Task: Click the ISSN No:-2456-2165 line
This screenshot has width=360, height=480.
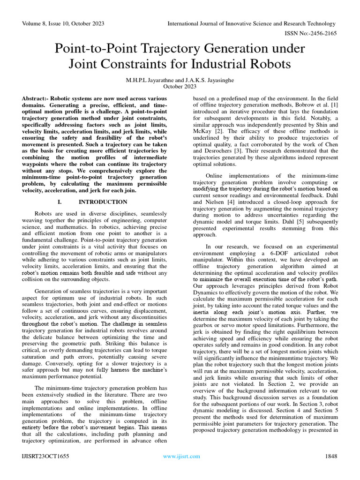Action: [x=311, y=34]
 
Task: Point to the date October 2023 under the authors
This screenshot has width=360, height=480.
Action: [x=180, y=86]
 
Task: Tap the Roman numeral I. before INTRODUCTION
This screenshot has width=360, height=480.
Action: [x=60, y=202]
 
